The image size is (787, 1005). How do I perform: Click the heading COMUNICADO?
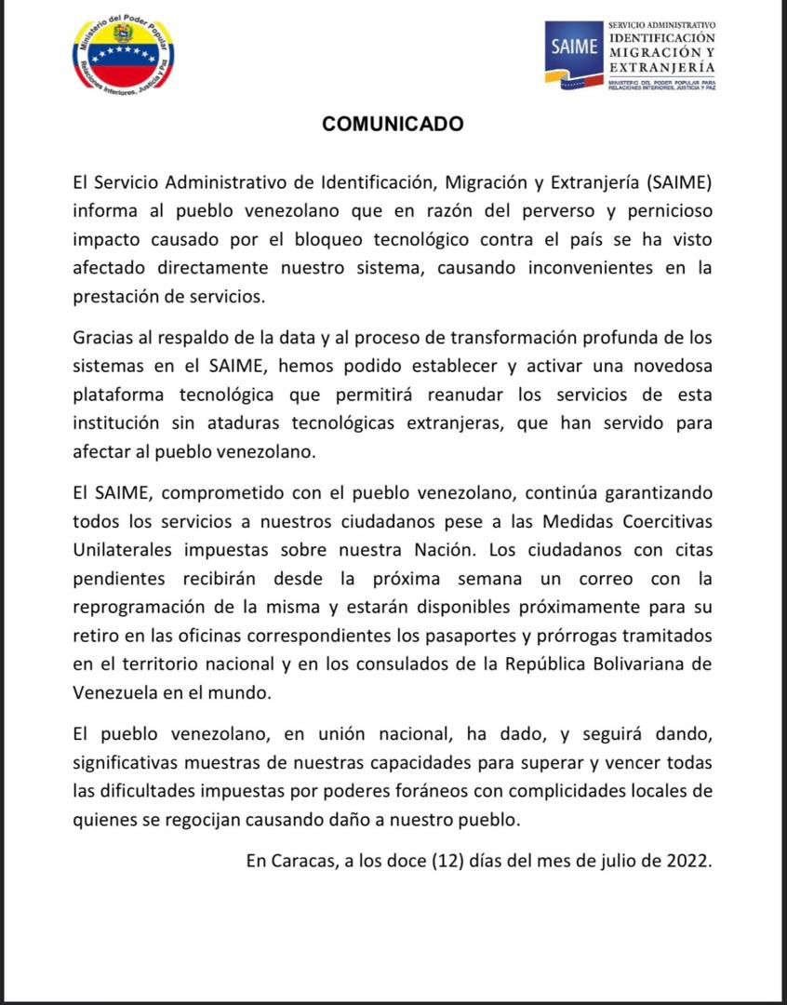pyautogui.click(x=393, y=124)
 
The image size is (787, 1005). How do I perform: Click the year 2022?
pyautogui.click(x=689, y=861)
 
